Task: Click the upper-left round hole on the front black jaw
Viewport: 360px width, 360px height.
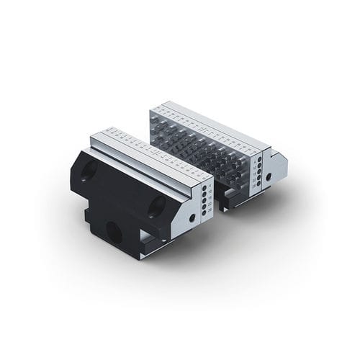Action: (89, 170)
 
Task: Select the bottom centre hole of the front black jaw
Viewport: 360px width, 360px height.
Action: (114, 231)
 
